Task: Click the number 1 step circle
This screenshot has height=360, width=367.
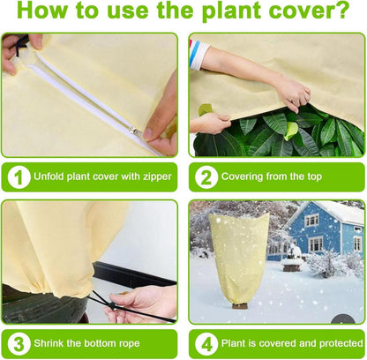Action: pyautogui.click(x=19, y=177)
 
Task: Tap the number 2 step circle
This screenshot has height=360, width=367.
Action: pyautogui.click(x=206, y=177)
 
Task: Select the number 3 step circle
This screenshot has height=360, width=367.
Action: pyautogui.click(x=19, y=344)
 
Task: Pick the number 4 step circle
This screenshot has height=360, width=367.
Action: pyautogui.click(x=206, y=344)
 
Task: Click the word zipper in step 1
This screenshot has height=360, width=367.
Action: pyautogui.click(x=157, y=176)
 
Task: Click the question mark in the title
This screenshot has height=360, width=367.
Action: pyautogui.click(x=342, y=10)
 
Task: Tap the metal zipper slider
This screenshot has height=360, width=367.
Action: pyautogui.click(x=134, y=130)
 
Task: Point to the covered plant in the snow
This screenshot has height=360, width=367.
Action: pyautogui.click(x=239, y=258)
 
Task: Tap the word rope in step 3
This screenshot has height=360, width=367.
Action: pyautogui.click(x=129, y=344)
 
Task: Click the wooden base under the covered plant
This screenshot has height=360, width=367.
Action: pyautogui.click(x=240, y=306)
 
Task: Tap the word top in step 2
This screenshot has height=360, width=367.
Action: pyautogui.click(x=315, y=177)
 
